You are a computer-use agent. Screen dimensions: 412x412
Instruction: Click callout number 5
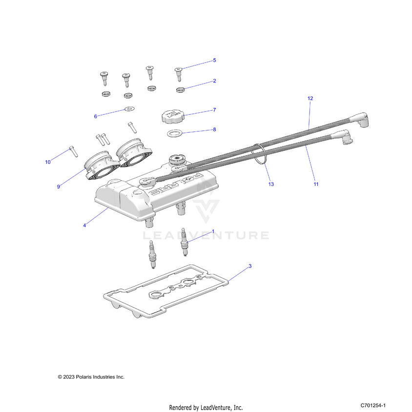tap(214, 61)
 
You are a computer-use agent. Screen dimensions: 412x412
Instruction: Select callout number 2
tap(214, 81)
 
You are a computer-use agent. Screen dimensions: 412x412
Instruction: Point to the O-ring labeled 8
tap(175, 134)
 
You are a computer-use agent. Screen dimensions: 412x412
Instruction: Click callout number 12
tap(310, 99)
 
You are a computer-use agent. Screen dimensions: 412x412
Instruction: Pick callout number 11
tap(316, 185)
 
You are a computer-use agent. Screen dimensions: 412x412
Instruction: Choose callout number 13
tap(271, 185)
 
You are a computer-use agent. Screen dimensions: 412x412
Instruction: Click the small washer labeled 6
tap(129, 108)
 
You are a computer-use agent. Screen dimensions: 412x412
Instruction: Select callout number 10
tap(48, 162)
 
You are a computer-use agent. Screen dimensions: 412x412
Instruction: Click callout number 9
tap(59, 186)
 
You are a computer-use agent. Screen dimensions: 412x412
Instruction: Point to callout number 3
tap(250, 266)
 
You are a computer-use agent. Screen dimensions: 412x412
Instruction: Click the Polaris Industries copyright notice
tap(91, 377)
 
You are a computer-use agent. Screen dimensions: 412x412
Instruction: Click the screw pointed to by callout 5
tap(179, 74)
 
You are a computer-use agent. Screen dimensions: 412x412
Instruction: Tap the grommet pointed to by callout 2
tap(180, 89)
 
